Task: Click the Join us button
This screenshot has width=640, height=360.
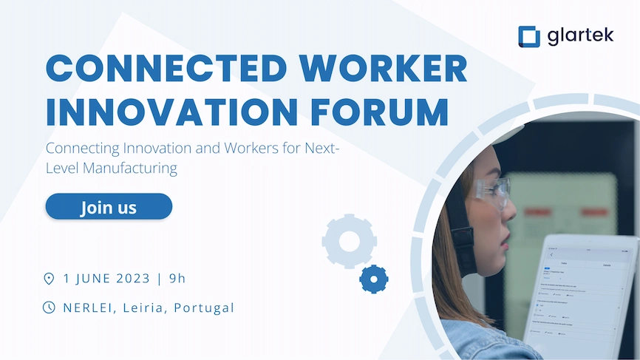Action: [109, 207]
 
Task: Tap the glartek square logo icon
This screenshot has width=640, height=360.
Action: [530, 36]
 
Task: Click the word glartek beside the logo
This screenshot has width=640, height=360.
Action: [581, 35]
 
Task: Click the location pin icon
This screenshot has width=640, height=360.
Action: [50, 279]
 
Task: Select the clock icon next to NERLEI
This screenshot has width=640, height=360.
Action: [50, 307]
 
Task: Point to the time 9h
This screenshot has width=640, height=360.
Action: [177, 279]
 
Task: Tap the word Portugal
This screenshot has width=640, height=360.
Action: [204, 308]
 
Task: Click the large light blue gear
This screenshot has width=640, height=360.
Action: [350, 240]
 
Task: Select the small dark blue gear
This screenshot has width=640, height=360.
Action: [374, 279]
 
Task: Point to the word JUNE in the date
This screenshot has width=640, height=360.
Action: [92, 279]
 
